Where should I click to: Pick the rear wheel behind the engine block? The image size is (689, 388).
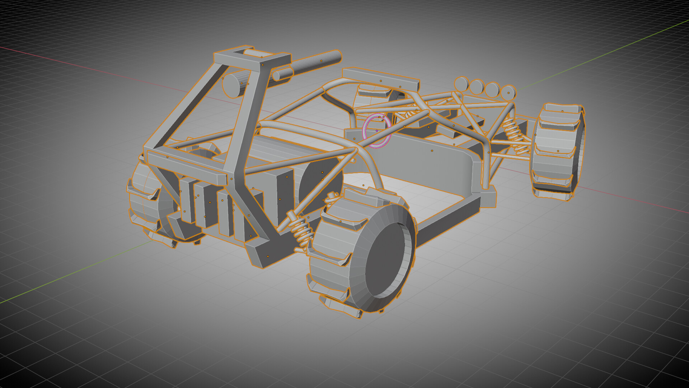tap(144, 201)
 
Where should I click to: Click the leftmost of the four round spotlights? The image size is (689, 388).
tap(460, 84)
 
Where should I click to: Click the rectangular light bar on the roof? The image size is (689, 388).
tap(380, 78)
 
